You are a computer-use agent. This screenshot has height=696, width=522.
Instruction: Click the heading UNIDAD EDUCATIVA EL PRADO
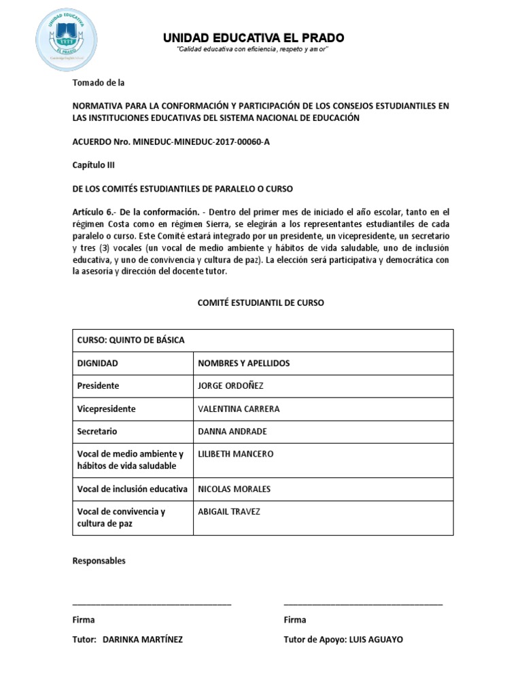coord(253,37)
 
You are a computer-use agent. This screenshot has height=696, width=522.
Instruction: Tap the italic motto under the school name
coord(253,52)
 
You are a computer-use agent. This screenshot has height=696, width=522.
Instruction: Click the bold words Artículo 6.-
coord(94,211)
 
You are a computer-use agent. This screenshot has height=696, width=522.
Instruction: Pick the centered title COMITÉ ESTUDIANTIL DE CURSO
coord(261,302)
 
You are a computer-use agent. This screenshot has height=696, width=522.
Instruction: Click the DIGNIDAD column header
coord(98,363)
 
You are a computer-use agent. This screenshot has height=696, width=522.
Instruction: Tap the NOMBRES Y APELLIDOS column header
coord(243,363)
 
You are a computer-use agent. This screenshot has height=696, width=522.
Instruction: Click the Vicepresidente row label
coord(106,409)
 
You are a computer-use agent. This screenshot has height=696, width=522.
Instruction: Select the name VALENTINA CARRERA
coord(238,409)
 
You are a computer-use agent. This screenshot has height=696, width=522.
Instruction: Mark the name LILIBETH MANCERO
coord(235,453)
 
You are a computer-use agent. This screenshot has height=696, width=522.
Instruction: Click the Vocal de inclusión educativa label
coord(133,489)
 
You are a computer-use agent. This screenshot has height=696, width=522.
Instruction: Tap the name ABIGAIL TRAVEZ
coord(228,511)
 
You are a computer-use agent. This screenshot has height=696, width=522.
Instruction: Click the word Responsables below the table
coord(99,561)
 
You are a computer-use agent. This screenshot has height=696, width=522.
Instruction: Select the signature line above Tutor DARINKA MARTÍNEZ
coord(152,604)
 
